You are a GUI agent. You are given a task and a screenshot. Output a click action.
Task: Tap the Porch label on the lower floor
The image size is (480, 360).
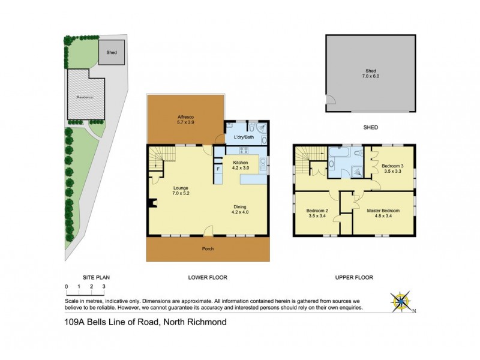pyautogui.click(x=208, y=248)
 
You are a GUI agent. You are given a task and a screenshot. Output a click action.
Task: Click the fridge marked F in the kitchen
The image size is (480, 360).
pyautogui.click(x=218, y=169)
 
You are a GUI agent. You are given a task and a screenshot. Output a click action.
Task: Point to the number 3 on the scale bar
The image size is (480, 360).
pyautogui.click(x=104, y=288)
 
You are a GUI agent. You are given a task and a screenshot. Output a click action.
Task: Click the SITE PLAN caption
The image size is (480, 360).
pyautogui.click(x=96, y=277)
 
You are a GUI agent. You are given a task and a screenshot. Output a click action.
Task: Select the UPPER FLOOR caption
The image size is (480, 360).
pyautogui.click(x=354, y=277)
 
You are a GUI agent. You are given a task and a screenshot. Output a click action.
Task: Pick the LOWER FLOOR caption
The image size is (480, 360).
pyautogui.click(x=207, y=277)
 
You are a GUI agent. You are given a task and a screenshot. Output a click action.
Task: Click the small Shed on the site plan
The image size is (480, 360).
pyautogui.click(x=112, y=52)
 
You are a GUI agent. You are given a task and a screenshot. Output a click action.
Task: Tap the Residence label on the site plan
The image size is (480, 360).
pyautogui.click(x=85, y=96)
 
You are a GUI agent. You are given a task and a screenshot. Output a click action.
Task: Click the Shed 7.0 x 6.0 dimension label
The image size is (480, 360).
pyautogui.click(x=371, y=73)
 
